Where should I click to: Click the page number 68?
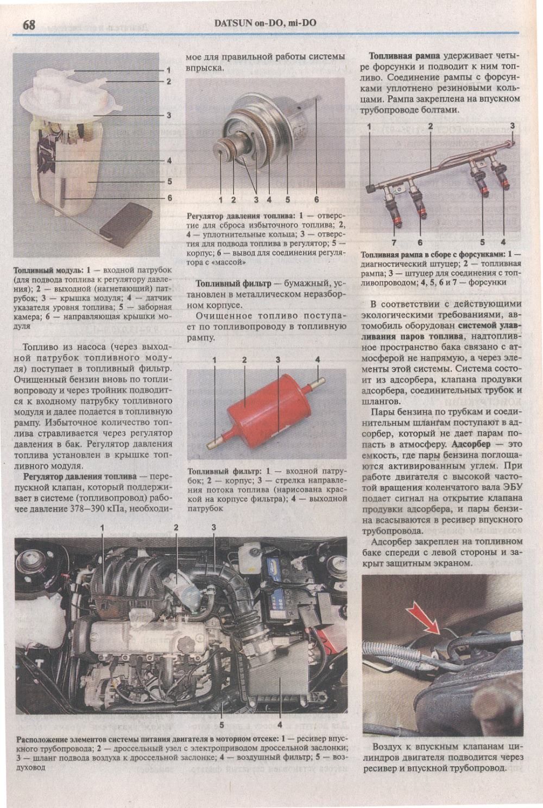[x=29, y=24]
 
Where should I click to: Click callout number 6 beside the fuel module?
[x=169, y=198]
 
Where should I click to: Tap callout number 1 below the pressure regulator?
[x=221, y=200]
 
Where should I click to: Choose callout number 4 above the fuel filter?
[x=317, y=359]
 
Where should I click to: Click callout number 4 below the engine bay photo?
[x=280, y=724]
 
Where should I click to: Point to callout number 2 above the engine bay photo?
[x=176, y=527]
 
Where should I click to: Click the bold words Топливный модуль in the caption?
[x=48, y=270]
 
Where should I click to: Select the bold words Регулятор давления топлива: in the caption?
[x=242, y=216]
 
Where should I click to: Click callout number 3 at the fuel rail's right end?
[x=512, y=126]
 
